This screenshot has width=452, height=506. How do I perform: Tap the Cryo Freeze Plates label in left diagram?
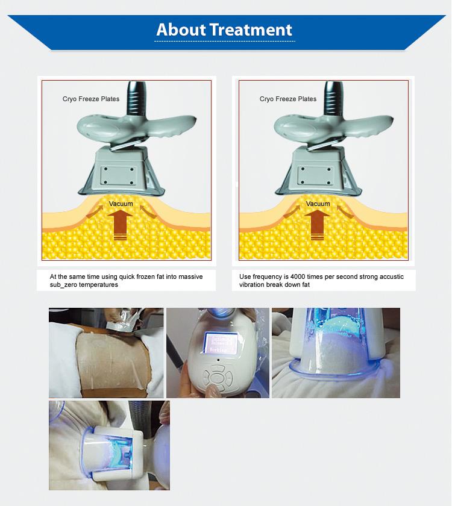click(91, 99)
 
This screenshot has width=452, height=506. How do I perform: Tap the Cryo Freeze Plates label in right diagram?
click(288, 99)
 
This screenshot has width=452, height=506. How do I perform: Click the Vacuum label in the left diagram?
click(121, 204)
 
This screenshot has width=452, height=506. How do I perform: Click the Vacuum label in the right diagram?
click(318, 204)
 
